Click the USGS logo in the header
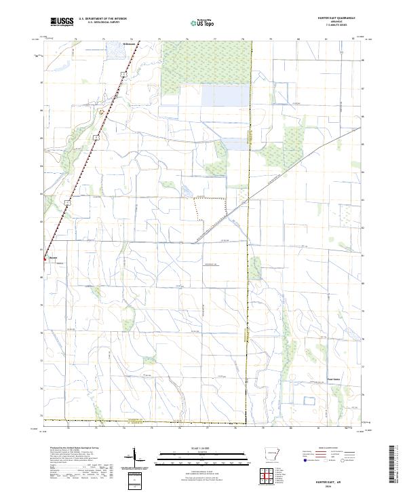point(62,22)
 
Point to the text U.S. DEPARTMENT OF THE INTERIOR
point(102,18)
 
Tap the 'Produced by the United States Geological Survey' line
point(68,448)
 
